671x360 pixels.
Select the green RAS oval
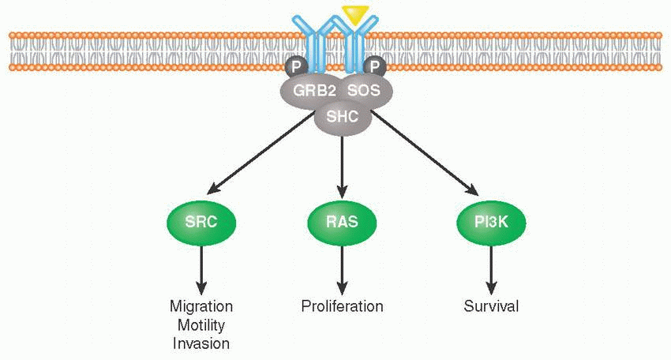point(342,222)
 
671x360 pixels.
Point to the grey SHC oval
point(341,118)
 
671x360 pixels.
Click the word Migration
point(201,306)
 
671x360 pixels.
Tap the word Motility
point(201,325)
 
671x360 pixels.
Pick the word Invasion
point(201,343)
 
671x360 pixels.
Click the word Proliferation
point(342,306)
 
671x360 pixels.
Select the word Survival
point(491,306)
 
